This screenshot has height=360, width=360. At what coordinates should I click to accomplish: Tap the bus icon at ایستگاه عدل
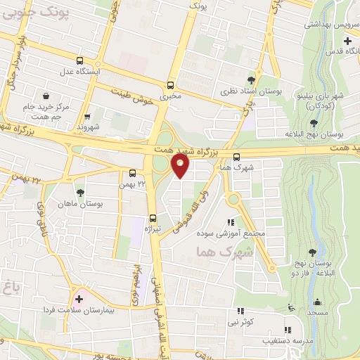(79, 61)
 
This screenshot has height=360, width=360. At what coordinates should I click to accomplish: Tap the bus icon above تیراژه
(153, 218)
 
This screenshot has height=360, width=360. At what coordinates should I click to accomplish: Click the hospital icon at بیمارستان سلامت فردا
(79, 300)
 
